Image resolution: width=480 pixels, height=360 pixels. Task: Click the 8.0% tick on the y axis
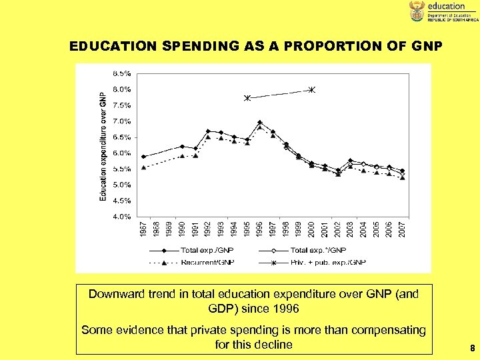click(x=122, y=89)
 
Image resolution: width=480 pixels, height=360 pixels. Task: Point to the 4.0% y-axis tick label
click(x=122, y=216)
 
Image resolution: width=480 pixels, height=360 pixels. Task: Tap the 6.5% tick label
click(x=122, y=137)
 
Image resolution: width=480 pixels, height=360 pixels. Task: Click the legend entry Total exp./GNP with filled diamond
click(x=197, y=251)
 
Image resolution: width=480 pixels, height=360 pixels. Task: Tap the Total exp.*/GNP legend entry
click(x=319, y=251)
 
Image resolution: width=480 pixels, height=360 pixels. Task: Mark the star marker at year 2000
click(x=312, y=89)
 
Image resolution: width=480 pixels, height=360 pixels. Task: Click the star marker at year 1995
click(x=247, y=98)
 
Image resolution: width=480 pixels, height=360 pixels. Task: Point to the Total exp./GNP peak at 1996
click(x=260, y=123)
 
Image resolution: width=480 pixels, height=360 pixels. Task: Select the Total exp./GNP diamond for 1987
click(x=144, y=157)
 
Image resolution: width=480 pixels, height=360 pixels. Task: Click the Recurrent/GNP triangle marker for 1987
click(x=144, y=167)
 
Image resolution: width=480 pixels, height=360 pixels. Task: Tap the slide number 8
click(x=471, y=347)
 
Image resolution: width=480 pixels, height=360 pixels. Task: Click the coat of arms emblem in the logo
click(x=417, y=11)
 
